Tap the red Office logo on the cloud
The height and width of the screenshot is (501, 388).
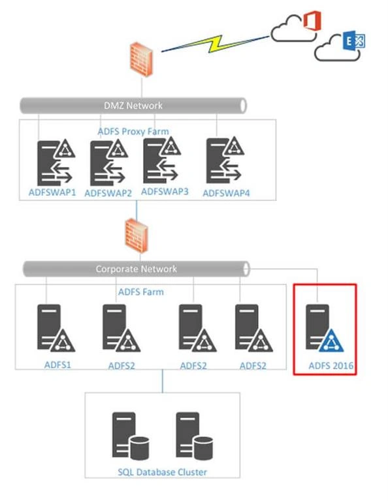click(x=312, y=21)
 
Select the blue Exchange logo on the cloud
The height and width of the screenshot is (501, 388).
click(x=354, y=40)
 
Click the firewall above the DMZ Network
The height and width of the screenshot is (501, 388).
click(x=141, y=59)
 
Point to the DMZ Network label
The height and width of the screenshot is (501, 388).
click(x=133, y=106)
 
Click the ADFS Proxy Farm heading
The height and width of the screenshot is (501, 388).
click(x=133, y=131)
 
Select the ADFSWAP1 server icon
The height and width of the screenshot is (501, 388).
click(x=56, y=162)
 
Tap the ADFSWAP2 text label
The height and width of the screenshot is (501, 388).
click(x=108, y=193)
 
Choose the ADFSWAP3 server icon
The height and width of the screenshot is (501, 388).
click(x=162, y=160)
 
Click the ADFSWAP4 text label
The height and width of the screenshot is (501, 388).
click(x=226, y=193)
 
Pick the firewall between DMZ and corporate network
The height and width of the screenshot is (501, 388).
click(x=137, y=235)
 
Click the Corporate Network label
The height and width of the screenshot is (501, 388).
click(x=137, y=269)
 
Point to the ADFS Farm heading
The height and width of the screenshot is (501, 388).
click(x=141, y=292)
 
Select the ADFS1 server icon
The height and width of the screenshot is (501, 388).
click(x=56, y=328)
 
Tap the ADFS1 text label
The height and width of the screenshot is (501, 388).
click(x=57, y=365)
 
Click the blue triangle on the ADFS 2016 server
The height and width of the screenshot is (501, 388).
click(x=331, y=341)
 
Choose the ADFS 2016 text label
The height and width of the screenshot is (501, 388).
click(x=331, y=365)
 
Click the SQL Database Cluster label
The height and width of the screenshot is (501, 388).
click(x=162, y=472)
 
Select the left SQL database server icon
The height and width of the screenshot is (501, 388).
click(x=131, y=436)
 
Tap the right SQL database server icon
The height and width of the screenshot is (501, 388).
click(x=194, y=436)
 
